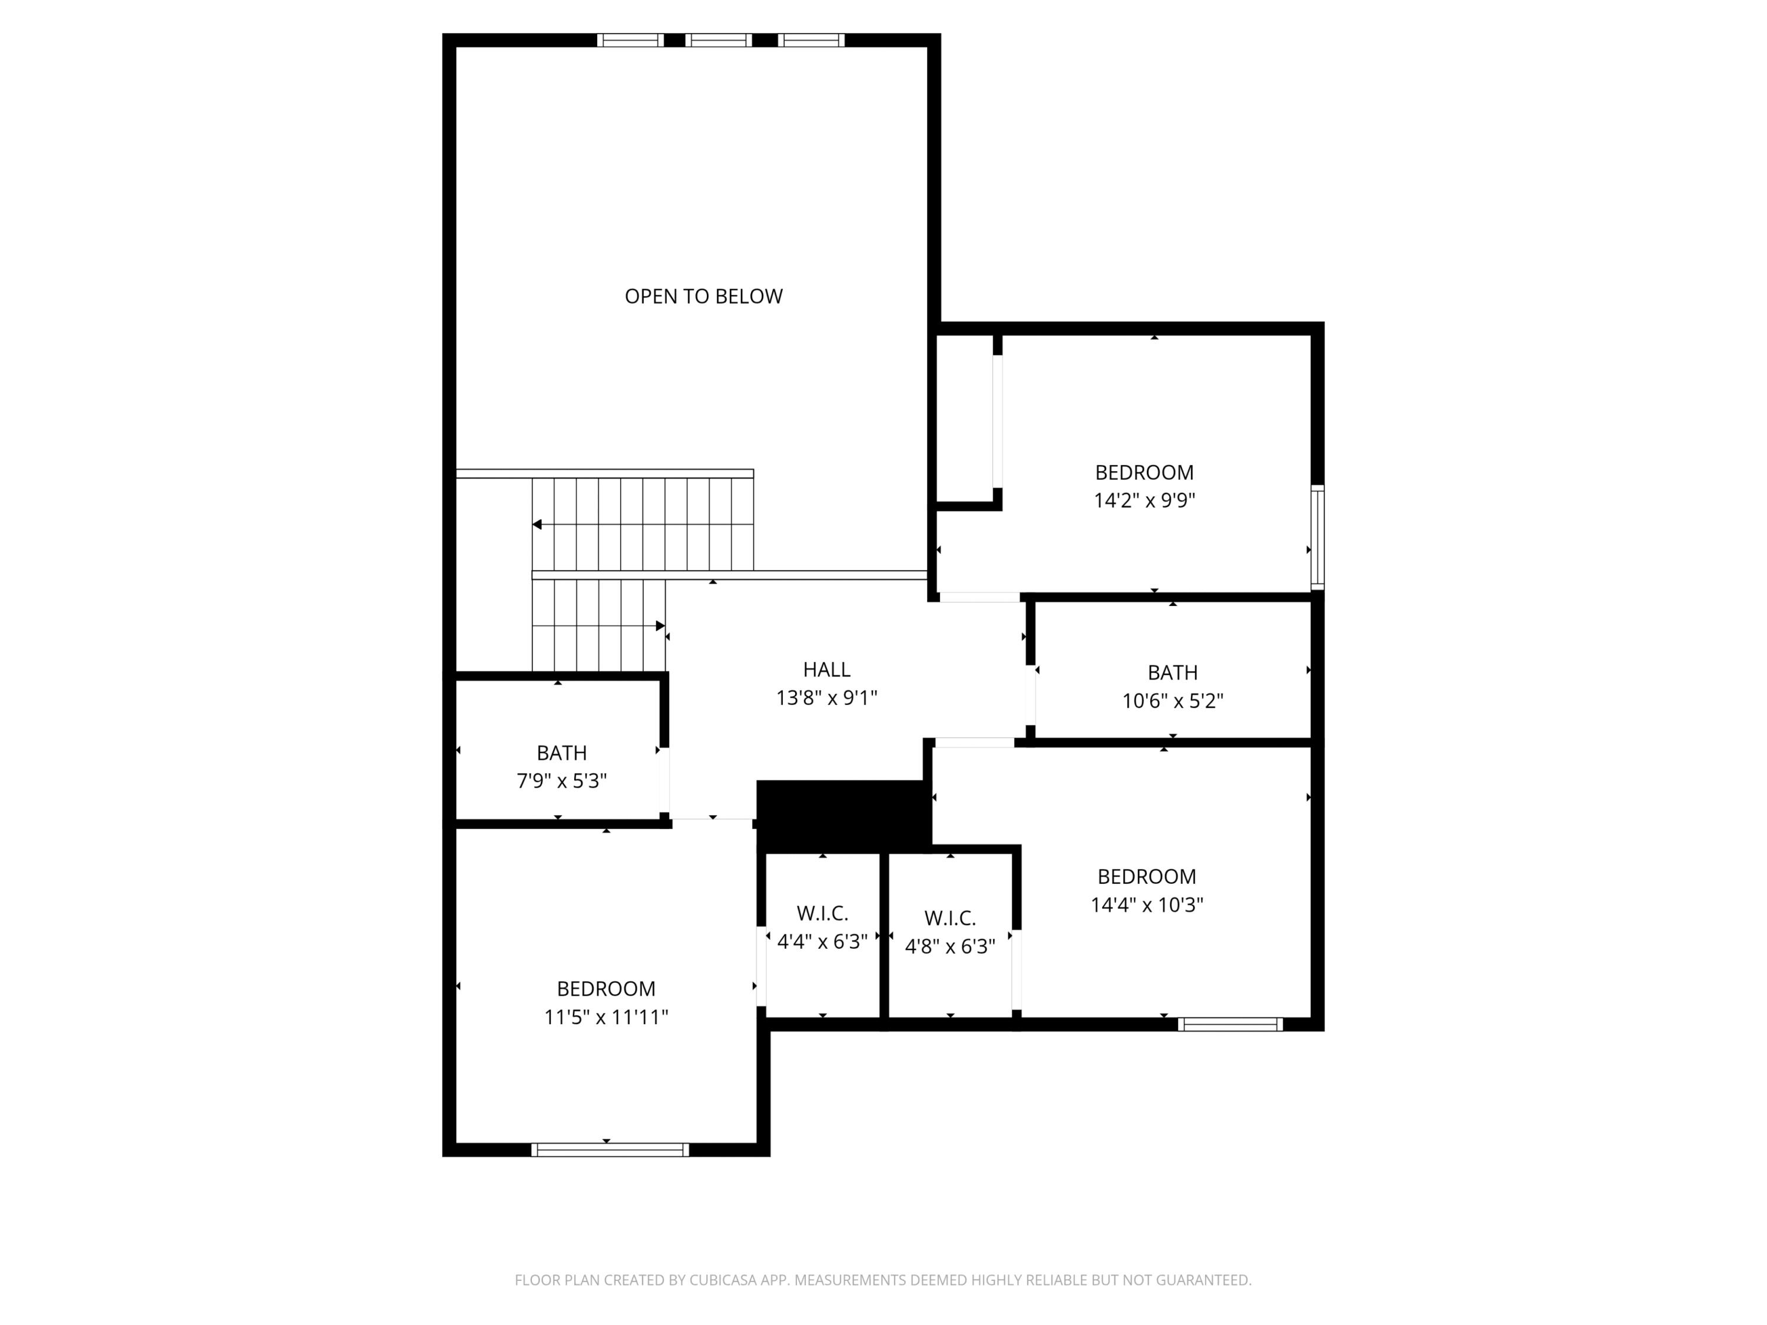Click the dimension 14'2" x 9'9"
pos(1144,501)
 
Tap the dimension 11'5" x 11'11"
pos(605,1016)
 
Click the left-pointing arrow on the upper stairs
pos(538,525)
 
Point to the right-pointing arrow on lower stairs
pos(660,625)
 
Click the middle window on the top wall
pos(718,40)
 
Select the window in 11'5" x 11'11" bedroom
pos(610,1150)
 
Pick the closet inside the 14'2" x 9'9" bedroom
pos(964,419)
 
